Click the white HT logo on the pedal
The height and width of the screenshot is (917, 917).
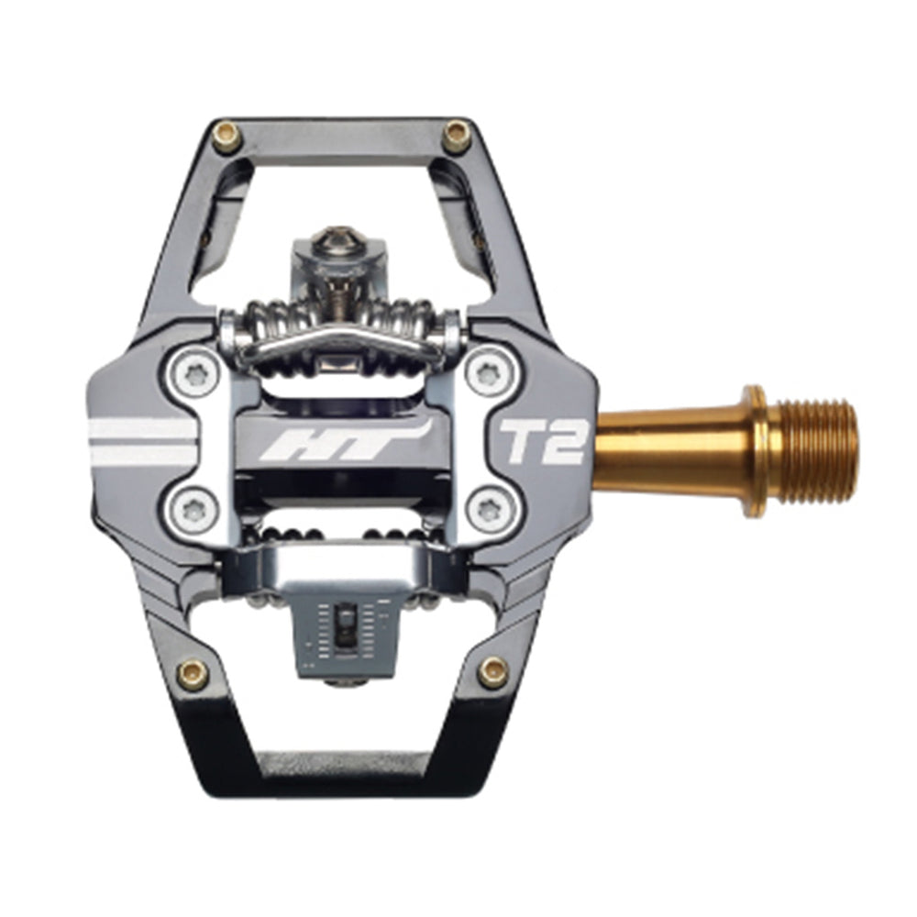pyautogui.click(x=341, y=443)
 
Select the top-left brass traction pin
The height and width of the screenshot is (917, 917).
pyautogui.click(x=226, y=137)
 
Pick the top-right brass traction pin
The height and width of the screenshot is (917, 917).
pyautogui.click(x=457, y=137)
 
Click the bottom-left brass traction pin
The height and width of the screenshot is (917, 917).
pyautogui.click(x=193, y=674)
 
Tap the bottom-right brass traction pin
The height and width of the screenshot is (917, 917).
pyautogui.click(x=492, y=672)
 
